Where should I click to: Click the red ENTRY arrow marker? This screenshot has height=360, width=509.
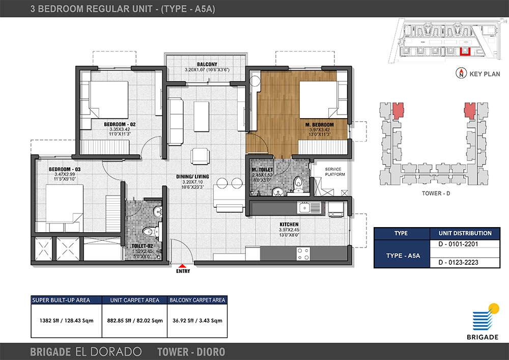tap(183, 265)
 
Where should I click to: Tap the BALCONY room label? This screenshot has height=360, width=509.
tap(207, 64)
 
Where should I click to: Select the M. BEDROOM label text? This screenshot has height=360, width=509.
tap(320, 125)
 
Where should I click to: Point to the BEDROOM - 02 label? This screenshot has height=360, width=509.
tap(120, 124)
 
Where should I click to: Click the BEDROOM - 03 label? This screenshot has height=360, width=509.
tap(65, 169)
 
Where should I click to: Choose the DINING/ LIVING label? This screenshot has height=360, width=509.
tap(192, 177)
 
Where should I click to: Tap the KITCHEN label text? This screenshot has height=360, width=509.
tap(289, 225)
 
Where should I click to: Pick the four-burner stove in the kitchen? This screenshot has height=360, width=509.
tap(303, 254)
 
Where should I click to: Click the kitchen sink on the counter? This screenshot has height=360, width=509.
tap(309, 207)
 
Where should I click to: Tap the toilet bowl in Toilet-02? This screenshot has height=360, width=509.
tap(150, 232)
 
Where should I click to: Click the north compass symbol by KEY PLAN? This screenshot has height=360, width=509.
tap(461, 73)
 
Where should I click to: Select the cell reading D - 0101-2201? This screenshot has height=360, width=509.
tap(465, 244)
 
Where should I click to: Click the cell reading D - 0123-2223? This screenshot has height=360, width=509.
tap(465, 262)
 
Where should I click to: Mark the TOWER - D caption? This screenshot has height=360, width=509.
tap(436, 193)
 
